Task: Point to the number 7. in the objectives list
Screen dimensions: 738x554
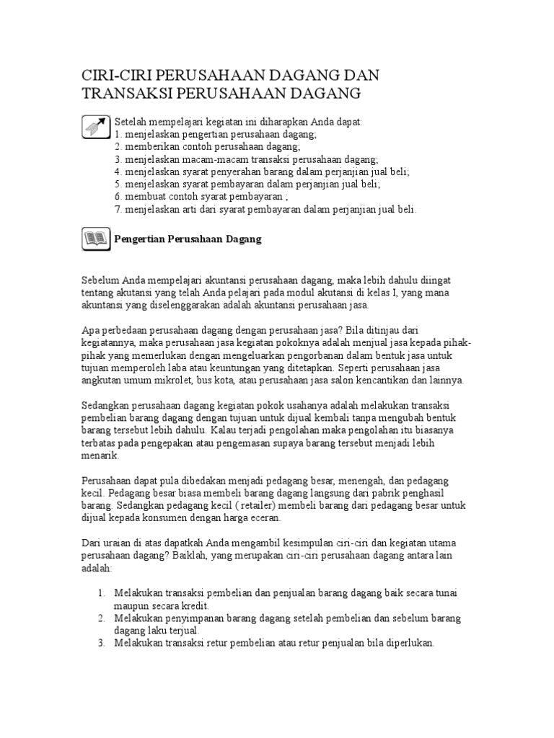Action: coord(118,209)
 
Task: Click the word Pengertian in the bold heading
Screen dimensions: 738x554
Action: coord(139,239)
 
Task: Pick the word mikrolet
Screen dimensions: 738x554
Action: coord(188,380)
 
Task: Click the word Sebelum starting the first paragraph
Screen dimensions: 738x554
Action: coord(99,280)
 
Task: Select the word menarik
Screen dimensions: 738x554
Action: coord(98,455)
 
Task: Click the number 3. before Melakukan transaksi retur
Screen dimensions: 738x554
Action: coord(102,644)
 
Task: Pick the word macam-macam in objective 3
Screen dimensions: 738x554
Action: coord(203,159)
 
